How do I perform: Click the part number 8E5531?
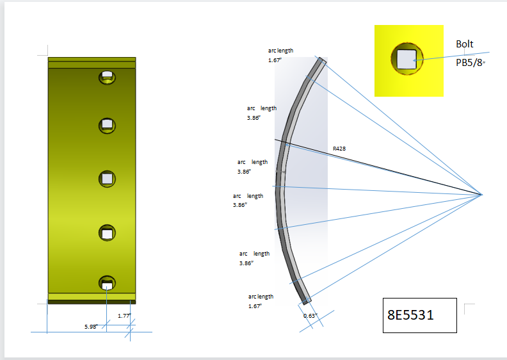410,315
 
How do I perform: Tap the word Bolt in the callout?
465,44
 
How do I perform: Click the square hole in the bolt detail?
405,60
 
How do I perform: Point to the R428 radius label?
339,149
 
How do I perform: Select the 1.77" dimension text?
124,315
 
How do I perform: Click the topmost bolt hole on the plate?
107,77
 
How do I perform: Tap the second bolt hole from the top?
107,124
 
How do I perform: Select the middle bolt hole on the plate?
107,178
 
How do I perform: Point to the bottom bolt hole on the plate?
107,283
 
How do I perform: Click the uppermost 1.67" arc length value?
275,60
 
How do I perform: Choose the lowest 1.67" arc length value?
255,306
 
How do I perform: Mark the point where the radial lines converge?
481,194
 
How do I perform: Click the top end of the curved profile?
321,61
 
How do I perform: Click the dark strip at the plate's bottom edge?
92,302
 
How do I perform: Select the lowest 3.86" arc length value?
246,263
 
